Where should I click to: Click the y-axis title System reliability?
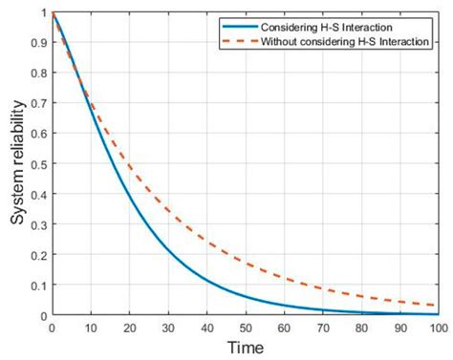point(17,163)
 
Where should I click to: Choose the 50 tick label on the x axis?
point(245,328)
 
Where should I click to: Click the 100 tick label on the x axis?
point(439,328)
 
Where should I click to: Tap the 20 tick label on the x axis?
point(128,328)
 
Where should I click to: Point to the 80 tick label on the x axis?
point(361,328)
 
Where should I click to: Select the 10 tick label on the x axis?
point(90,328)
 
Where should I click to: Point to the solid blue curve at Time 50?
point(245,297)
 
